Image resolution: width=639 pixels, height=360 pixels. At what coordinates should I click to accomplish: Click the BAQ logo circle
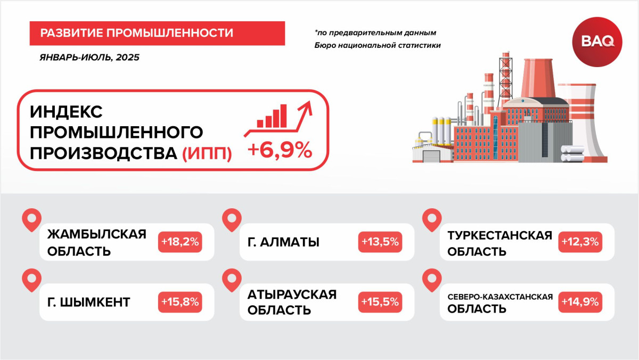tap(597, 42)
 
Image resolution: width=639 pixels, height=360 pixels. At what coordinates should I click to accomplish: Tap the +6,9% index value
tap(280, 150)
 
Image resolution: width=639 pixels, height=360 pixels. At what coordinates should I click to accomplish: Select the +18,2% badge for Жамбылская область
tap(180, 242)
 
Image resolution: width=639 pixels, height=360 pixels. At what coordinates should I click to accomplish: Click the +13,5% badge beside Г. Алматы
tap(380, 242)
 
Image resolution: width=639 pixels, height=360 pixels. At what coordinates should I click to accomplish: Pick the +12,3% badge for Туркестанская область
tap(580, 242)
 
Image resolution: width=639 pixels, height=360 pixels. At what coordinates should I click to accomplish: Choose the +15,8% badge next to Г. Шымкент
tap(180, 302)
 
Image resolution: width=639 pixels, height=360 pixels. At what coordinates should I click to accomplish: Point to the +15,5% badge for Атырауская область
tap(380, 302)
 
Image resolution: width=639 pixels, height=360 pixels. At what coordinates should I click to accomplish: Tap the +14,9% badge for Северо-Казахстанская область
tap(580, 302)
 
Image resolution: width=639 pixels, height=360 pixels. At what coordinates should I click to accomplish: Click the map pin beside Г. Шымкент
tap(31, 280)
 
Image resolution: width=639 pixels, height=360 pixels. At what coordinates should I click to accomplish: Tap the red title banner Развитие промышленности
tap(157, 33)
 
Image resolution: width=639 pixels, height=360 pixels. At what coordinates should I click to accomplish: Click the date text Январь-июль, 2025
tap(89, 58)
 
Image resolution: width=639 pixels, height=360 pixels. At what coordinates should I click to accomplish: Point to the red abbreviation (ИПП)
tap(207, 154)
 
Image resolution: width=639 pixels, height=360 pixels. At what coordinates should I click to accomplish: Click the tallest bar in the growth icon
tap(283, 116)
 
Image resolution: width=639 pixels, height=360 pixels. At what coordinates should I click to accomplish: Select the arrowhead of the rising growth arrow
tap(306, 107)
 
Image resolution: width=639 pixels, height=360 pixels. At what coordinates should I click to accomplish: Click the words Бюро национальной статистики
tap(378, 45)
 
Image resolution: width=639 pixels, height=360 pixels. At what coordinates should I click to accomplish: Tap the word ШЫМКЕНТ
tap(94, 302)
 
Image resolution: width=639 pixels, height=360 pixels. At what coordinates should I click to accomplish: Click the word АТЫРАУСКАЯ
tap(292, 294)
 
